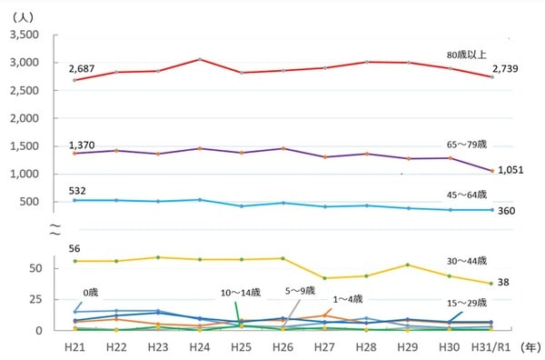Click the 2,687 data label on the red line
[x=81, y=68]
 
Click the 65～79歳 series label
[x=467, y=144]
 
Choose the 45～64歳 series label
[x=467, y=195]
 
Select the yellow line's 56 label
[x=74, y=247]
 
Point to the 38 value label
[x=505, y=283]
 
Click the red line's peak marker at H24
[x=199, y=59]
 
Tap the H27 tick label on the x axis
[x=325, y=348]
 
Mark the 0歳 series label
[x=91, y=292]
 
